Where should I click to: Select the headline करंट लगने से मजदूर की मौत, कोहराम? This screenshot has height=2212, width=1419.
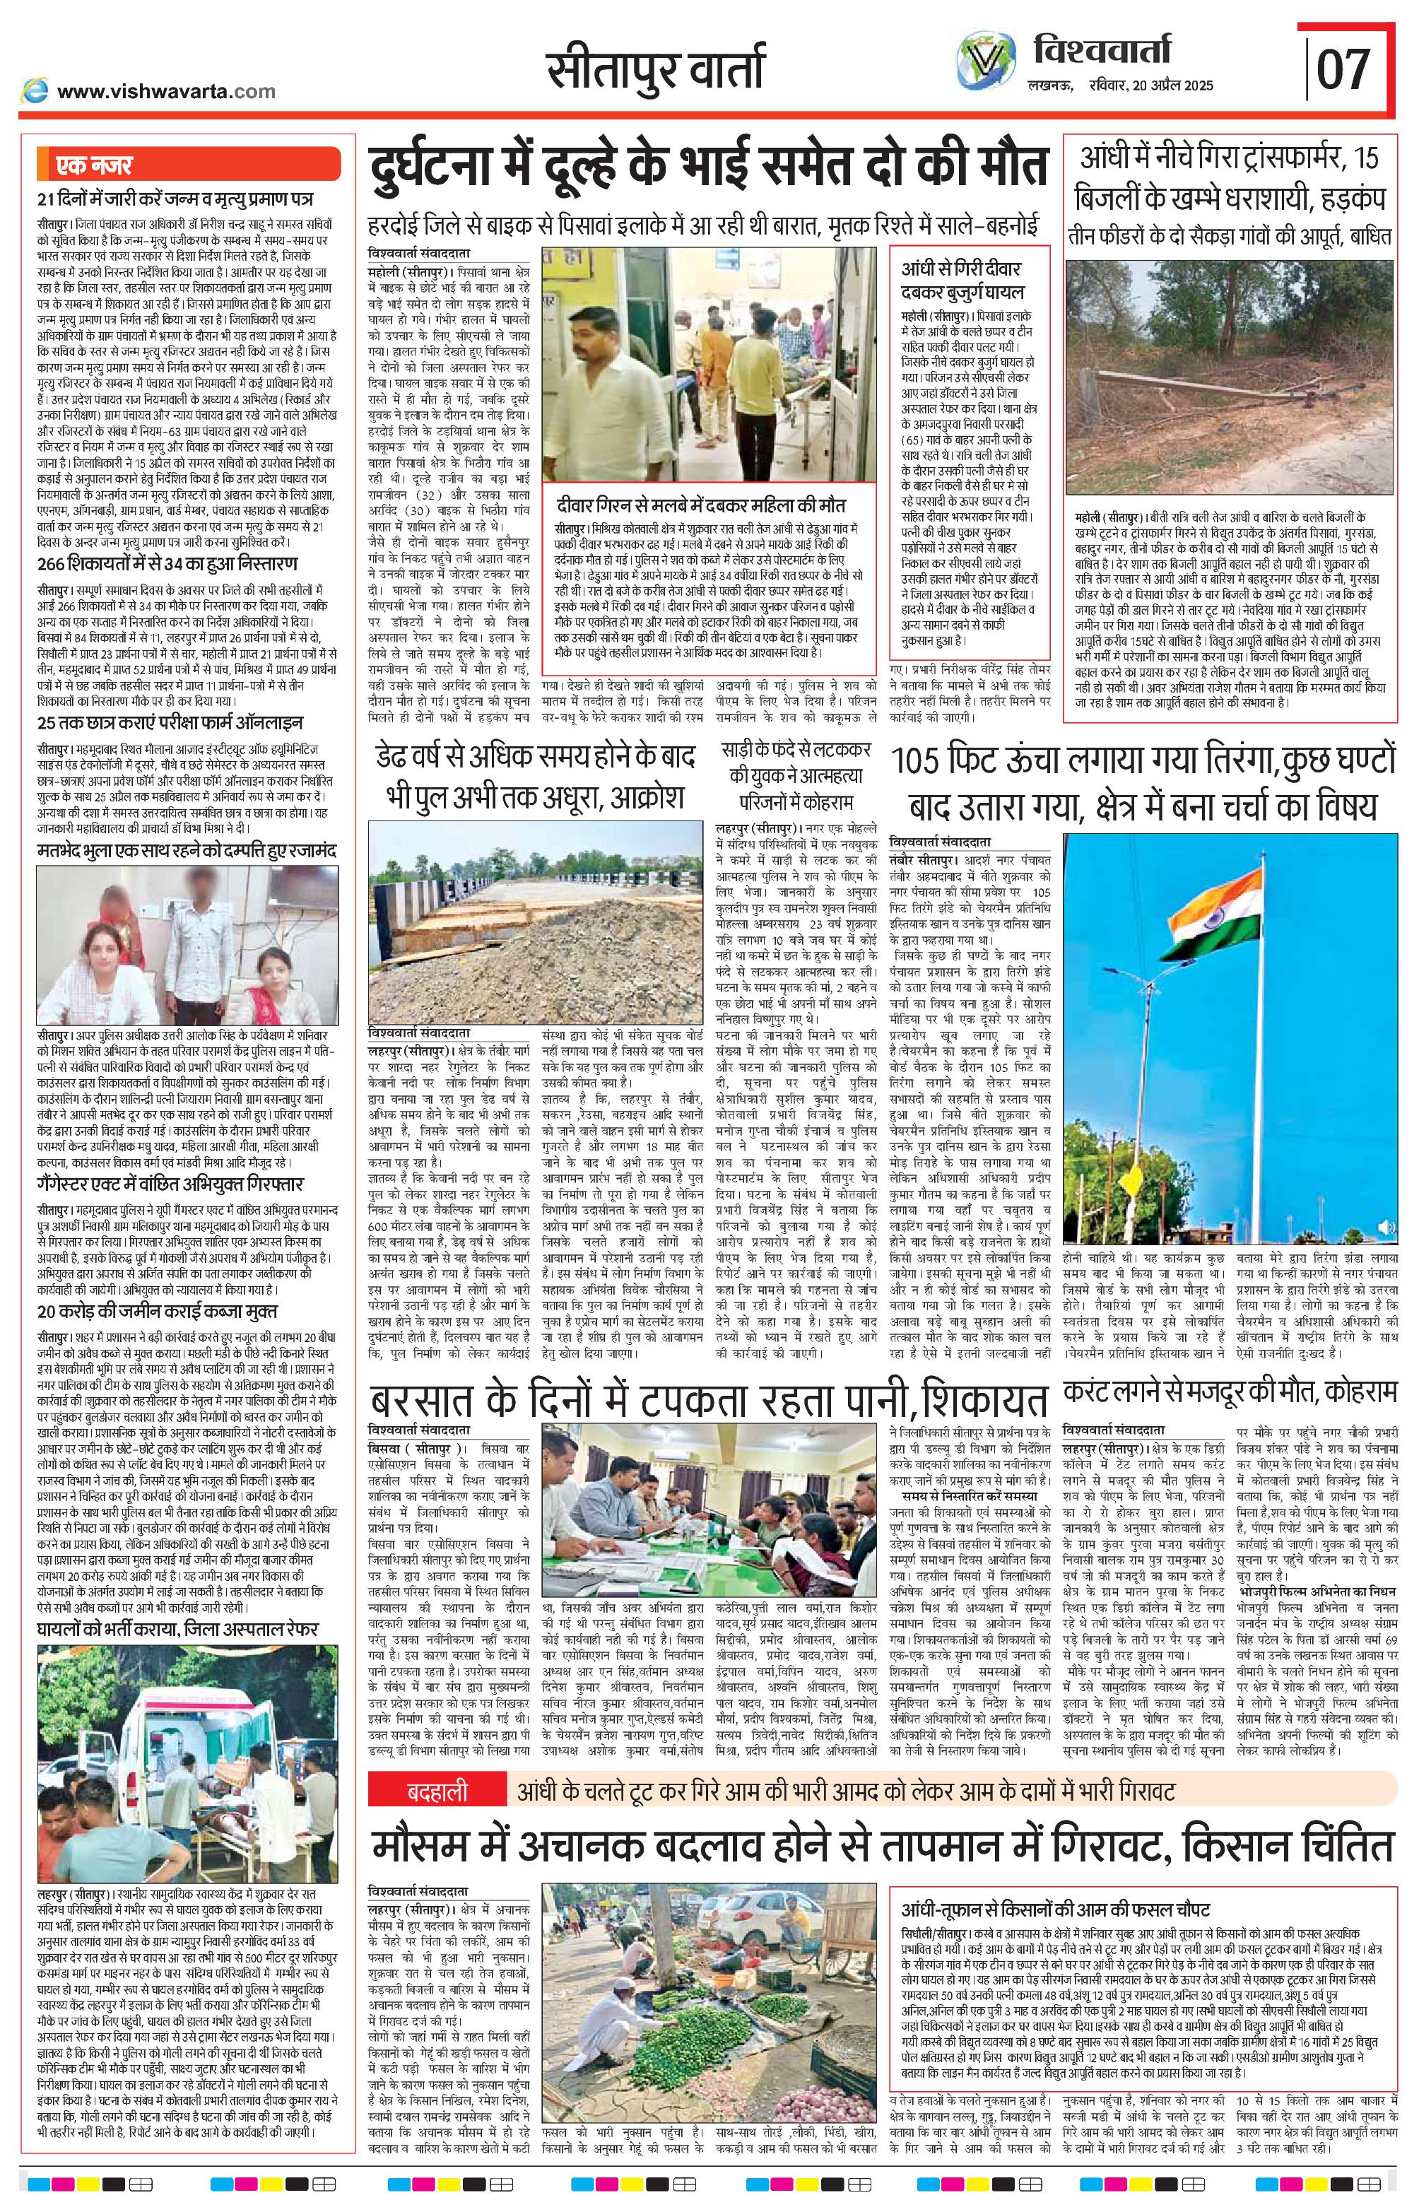point(1230,1390)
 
